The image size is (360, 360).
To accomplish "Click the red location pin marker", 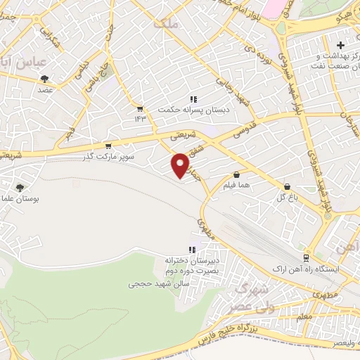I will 181,165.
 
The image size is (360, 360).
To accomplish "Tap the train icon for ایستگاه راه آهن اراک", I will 306,257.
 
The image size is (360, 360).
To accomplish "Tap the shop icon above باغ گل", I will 287,186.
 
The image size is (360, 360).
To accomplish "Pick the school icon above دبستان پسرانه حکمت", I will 192,99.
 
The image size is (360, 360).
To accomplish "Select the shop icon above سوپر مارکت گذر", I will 108,146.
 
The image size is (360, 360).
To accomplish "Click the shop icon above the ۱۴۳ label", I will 139,108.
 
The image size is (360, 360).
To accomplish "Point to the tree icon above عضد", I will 45,79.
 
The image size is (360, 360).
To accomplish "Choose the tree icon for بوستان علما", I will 19,188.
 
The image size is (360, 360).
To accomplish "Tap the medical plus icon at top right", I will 340,45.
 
